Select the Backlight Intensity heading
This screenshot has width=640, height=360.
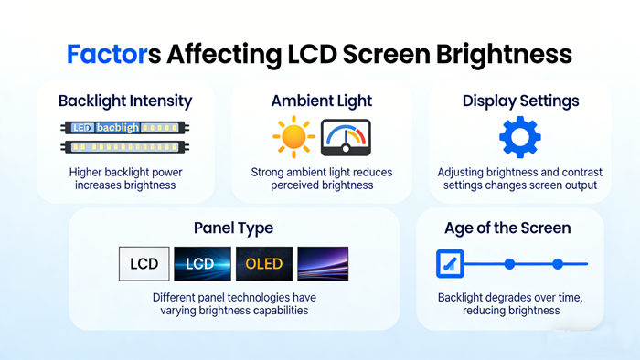click(x=125, y=101)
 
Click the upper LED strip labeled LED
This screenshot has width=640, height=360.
click(x=125, y=128)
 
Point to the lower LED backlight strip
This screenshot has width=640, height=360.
click(x=125, y=145)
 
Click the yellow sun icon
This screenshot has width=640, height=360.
click(x=293, y=138)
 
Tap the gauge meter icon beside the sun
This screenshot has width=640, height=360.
click(x=346, y=138)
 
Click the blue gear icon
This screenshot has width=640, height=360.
click(x=519, y=137)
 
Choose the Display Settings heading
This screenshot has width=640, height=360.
click(x=519, y=101)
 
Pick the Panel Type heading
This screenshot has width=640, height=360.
click(x=233, y=228)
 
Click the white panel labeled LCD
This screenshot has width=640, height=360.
click(x=144, y=264)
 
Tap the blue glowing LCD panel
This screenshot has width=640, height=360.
click(x=201, y=264)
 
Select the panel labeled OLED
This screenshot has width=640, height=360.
click(x=263, y=264)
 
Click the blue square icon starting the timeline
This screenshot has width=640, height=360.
click(x=450, y=264)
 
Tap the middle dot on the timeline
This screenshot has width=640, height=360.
click(x=509, y=264)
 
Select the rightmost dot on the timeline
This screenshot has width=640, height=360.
click(x=558, y=264)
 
